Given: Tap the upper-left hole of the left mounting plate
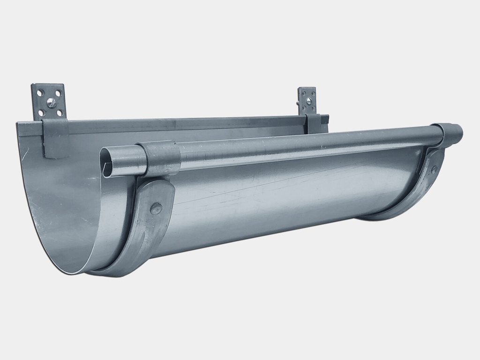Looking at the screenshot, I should pos(39,93).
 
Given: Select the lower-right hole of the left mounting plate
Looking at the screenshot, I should pos(60,113).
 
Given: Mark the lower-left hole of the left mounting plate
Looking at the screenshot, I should pos(41,113).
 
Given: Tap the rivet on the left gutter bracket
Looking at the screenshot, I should pos(156,209).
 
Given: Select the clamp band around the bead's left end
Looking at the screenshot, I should pos(159,158).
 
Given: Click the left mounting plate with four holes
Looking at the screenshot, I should pos(49,102).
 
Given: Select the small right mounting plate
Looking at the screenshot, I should pos(307,100).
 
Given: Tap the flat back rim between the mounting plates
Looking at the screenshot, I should pos(187,124).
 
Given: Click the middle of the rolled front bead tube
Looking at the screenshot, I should pos(305,143).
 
